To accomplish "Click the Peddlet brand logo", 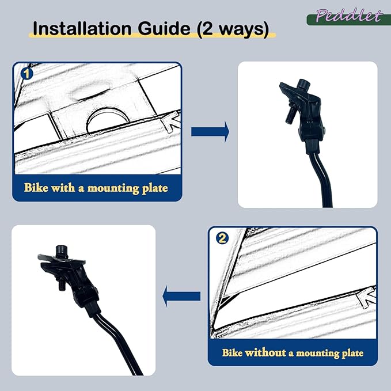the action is tap(348, 17).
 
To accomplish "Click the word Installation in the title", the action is tap(82, 28).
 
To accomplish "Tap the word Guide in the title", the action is tap(164, 28).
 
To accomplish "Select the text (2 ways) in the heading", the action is tap(233, 29).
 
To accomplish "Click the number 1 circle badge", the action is tap(26, 74).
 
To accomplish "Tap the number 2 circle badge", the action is tap(222, 238).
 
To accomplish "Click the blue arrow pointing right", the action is tap(210, 132).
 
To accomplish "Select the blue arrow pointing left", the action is tap(181, 296).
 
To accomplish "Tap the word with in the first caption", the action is tap(63, 188).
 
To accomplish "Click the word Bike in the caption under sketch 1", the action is tap(36, 188).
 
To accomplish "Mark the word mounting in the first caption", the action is tap(113, 188).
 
